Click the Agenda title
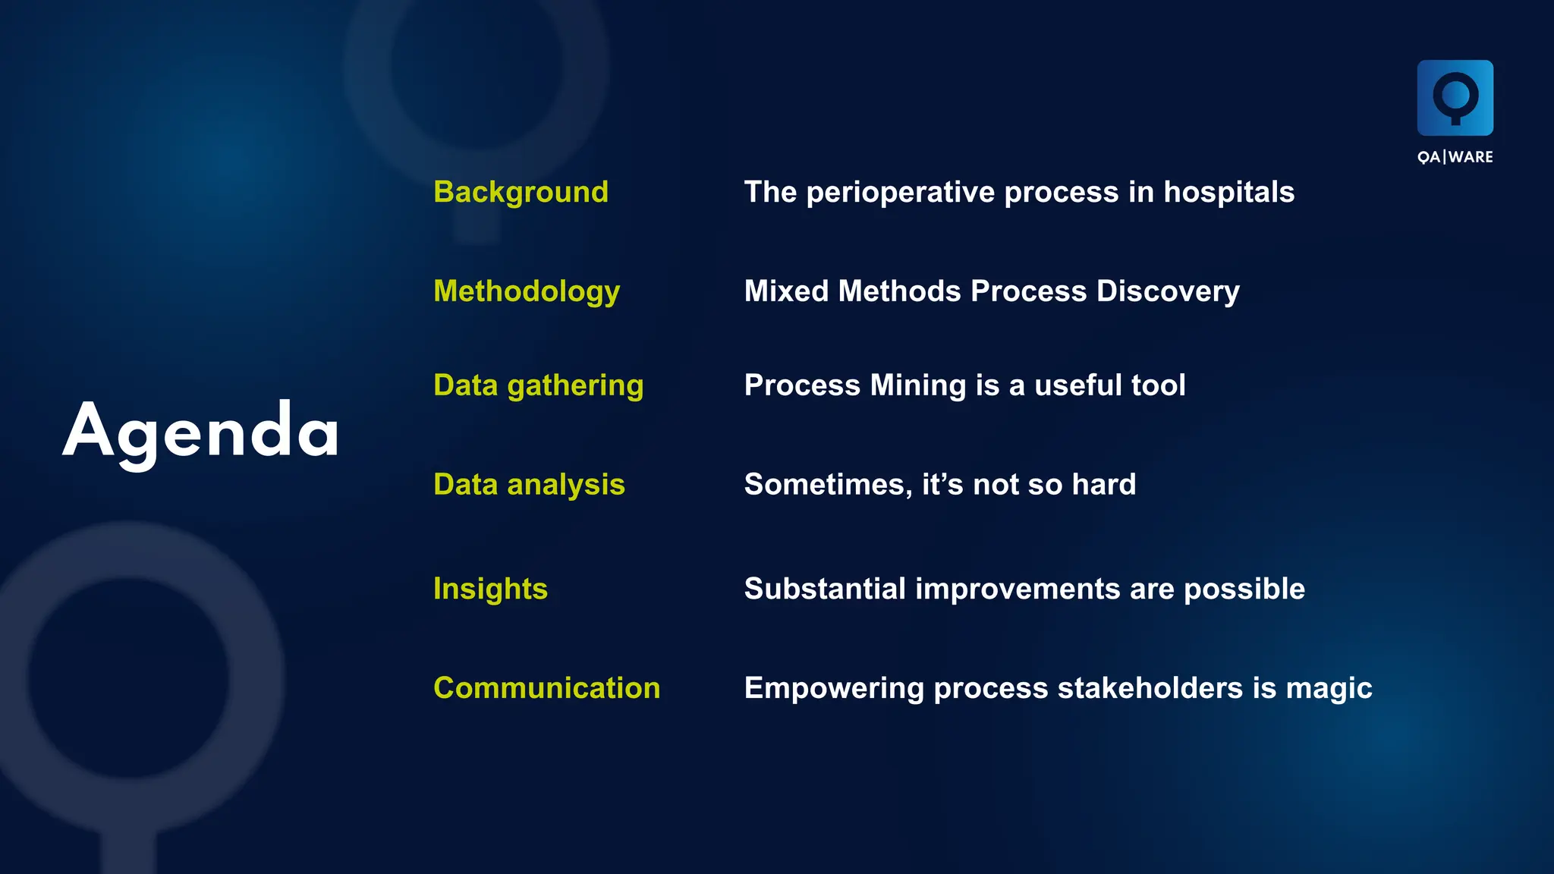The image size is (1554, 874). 200,431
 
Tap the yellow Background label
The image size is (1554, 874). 521,192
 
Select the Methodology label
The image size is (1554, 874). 527,291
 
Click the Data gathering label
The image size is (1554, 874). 538,385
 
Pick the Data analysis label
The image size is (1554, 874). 529,484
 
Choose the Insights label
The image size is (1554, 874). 490,589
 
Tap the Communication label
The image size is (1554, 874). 546,688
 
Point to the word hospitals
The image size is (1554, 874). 1228,193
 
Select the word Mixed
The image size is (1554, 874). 786,291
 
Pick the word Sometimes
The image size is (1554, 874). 828,484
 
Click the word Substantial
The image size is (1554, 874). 825,589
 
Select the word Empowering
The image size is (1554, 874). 834,688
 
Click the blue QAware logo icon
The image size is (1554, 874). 1455,98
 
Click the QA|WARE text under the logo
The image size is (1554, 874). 1455,157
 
